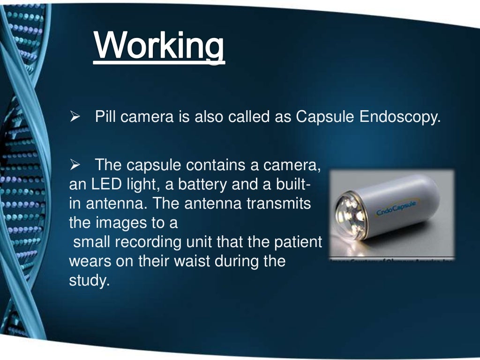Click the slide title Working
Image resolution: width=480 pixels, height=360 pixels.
(159, 45)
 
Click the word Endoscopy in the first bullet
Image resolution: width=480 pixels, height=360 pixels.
(400, 116)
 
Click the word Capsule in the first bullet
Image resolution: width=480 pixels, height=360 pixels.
(325, 116)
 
